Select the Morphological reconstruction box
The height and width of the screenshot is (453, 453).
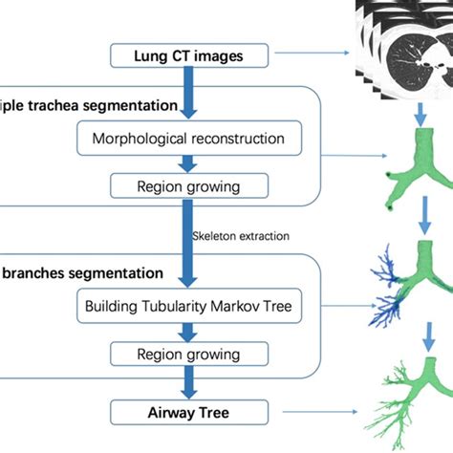coord(187,139)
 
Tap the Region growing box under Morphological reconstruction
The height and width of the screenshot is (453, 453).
coord(187,185)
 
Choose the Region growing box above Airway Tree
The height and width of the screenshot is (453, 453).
coord(187,356)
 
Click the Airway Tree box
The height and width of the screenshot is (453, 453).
coord(187,413)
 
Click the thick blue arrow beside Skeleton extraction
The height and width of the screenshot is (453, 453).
coord(188,234)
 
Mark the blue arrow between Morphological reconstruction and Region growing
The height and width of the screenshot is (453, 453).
coord(188,162)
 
